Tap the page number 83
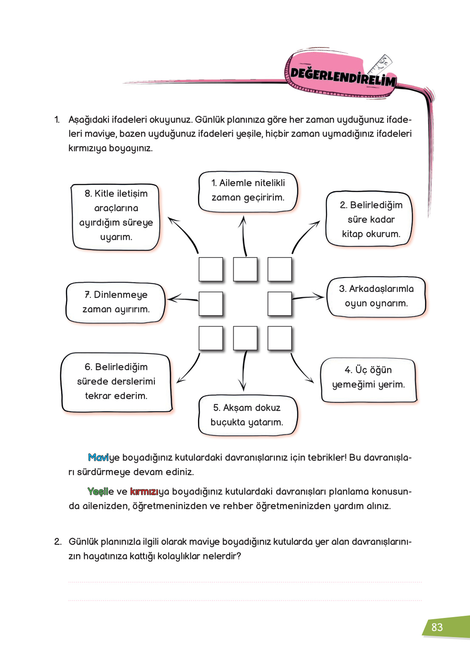point(437,627)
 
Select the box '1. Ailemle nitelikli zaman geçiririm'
point(248,191)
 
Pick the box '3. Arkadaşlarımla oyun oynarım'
point(376,296)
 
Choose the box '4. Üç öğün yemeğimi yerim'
point(368,380)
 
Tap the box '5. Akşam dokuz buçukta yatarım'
point(247,415)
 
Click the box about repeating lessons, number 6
point(116,382)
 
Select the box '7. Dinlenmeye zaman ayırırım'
point(116,302)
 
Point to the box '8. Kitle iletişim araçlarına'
point(116,216)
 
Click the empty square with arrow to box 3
point(280,304)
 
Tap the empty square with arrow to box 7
point(211,304)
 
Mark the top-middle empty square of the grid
point(245,269)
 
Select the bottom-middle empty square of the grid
point(245,338)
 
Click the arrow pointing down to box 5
point(244,370)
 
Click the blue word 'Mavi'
point(98,458)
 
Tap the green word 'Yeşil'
point(98,492)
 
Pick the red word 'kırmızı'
point(144,492)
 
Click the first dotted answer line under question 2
point(245,582)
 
